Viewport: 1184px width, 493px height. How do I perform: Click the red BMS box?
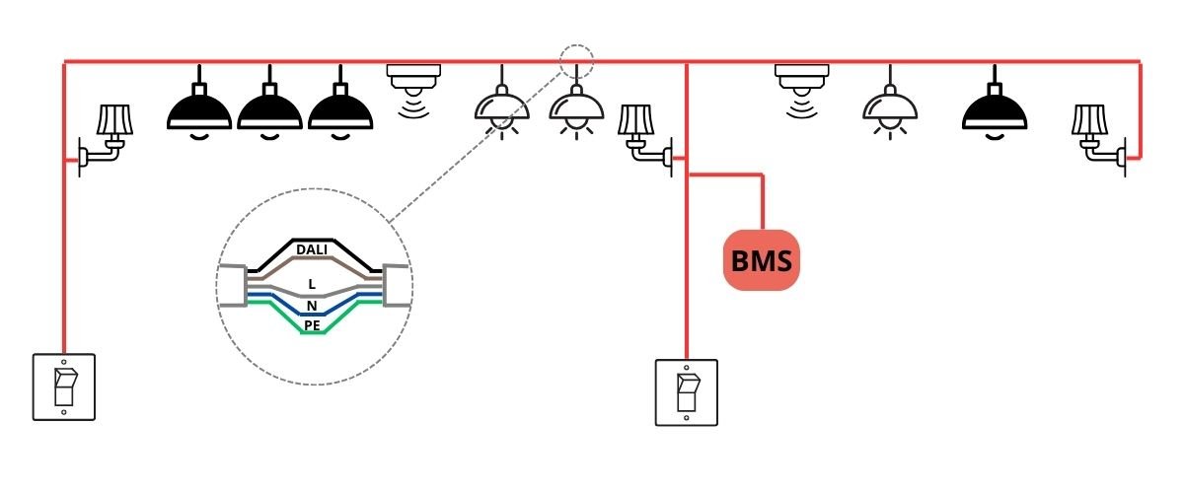[761, 260]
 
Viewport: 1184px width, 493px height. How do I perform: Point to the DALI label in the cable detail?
[312, 250]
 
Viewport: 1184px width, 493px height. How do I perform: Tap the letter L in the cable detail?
[312, 283]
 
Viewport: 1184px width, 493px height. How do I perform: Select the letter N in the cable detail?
[312, 307]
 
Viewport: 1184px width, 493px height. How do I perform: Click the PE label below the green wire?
[312, 323]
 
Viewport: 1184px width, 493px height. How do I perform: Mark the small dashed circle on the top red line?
[577, 60]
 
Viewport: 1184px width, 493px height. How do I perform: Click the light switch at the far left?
[64, 387]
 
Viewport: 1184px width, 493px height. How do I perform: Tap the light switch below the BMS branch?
[687, 392]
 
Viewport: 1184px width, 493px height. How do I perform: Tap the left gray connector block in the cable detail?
[231, 286]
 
